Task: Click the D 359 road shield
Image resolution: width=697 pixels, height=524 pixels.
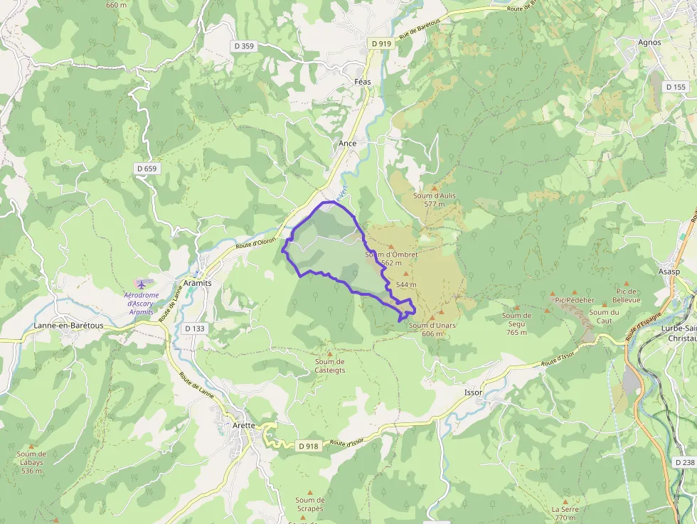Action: pyautogui.click(x=243, y=46)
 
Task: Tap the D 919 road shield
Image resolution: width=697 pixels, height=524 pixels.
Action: pyautogui.click(x=381, y=43)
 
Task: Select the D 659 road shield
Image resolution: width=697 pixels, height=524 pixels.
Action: pyautogui.click(x=146, y=169)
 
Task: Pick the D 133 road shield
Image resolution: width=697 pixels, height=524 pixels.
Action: pyautogui.click(x=194, y=328)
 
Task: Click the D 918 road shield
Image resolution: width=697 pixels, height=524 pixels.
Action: pyautogui.click(x=309, y=446)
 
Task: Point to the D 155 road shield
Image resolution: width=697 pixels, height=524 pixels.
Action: pyautogui.click(x=676, y=87)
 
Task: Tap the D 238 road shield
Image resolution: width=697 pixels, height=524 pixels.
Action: pyautogui.click(x=685, y=462)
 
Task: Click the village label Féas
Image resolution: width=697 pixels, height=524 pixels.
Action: pyautogui.click(x=363, y=82)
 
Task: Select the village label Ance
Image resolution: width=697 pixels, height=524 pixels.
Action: pyautogui.click(x=348, y=143)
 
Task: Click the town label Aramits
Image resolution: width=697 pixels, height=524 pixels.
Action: pyautogui.click(x=198, y=282)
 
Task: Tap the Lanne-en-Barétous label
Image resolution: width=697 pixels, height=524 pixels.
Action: pyautogui.click(x=68, y=326)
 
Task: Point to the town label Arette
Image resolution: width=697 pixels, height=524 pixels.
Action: pyautogui.click(x=244, y=425)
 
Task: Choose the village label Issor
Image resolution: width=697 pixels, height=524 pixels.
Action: pyautogui.click(x=473, y=392)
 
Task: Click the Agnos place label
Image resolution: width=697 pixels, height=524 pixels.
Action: pyautogui.click(x=649, y=42)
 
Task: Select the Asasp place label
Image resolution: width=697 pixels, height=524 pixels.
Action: pyautogui.click(x=669, y=272)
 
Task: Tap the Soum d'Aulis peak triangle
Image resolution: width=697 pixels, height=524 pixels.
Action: pyautogui.click(x=434, y=188)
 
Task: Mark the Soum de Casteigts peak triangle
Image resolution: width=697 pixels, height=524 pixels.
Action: pyautogui.click(x=329, y=353)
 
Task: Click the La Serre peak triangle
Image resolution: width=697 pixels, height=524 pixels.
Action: pyautogui.click(x=565, y=501)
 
